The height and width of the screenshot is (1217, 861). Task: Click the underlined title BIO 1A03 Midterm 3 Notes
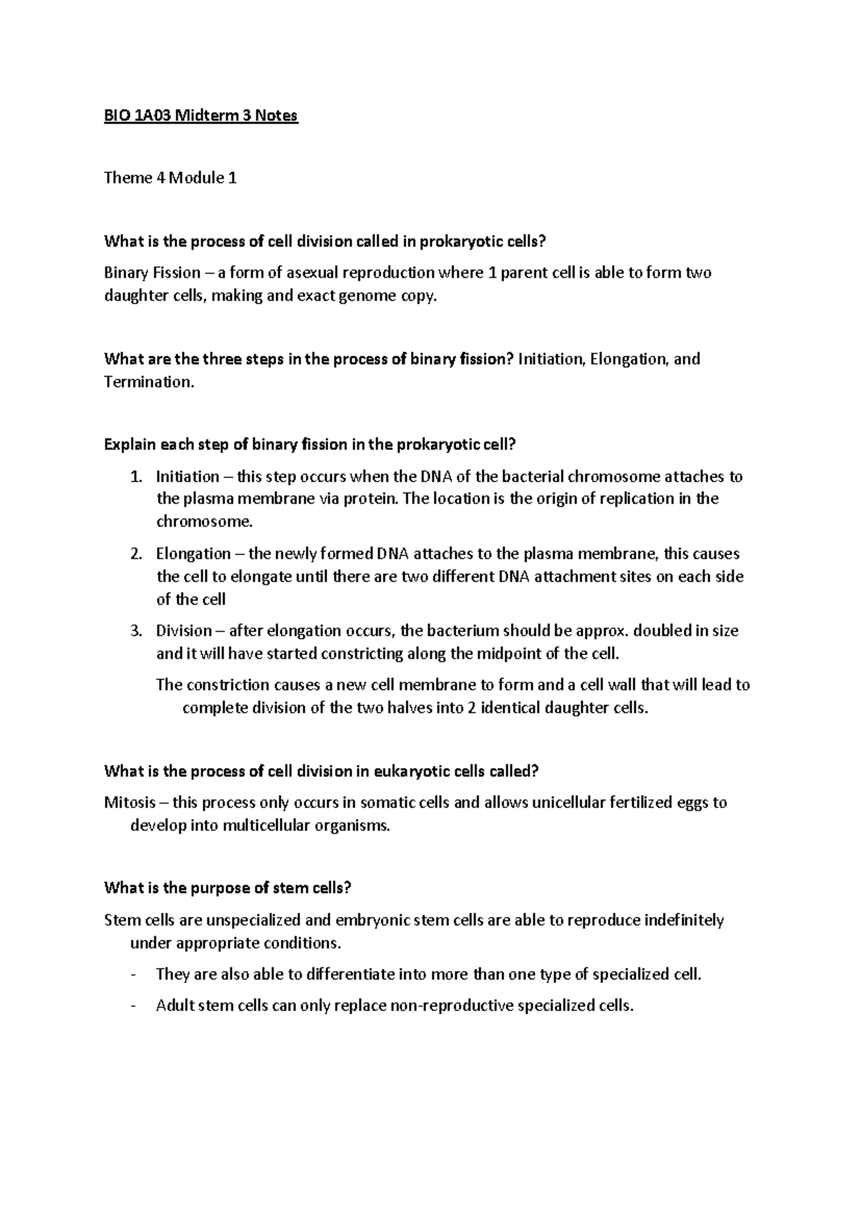(200, 116)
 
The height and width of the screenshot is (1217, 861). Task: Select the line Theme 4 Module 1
(170, 178)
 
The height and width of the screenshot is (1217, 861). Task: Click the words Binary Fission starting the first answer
(152, 273)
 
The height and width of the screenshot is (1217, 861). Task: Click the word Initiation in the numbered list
(187, 476)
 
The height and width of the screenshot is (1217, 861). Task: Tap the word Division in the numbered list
(184, 631)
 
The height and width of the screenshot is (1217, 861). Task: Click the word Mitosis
(130, 802)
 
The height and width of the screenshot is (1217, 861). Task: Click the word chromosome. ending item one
(204, 522)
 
